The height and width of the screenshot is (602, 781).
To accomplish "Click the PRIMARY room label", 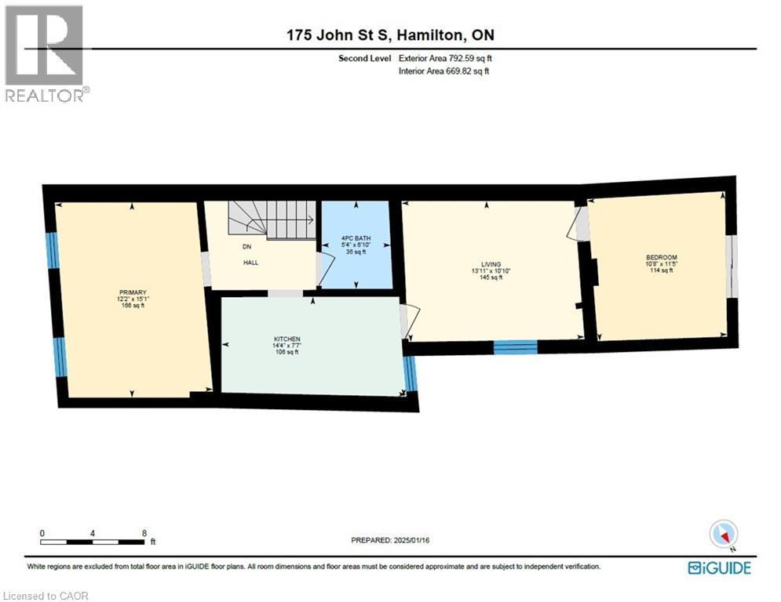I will (x=130, y=292).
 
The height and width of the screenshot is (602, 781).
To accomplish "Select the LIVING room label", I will (x=491, y=265).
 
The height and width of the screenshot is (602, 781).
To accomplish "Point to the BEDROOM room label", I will (x=661, y=257).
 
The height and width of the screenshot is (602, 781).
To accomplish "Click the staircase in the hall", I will (x=271, y=219).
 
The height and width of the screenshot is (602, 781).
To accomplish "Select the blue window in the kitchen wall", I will (x=409, y=374).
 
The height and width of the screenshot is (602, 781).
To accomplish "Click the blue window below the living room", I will (x=515, y=347).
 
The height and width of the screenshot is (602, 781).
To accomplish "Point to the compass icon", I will (x=724, y=535).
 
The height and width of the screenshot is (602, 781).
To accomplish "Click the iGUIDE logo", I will (x=718, y=568).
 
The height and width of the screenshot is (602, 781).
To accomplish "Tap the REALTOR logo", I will (x=46, y=55).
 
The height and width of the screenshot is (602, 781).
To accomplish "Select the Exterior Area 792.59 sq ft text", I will (x=445, y=58).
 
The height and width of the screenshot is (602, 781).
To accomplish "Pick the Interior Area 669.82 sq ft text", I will (x=444, y=71).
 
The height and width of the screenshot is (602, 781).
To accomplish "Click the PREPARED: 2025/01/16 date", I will (x=389, y=540).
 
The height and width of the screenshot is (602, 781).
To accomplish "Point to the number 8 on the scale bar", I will (x=144, y=532).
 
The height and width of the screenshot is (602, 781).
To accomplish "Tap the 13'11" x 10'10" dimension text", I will (x=491, y=271).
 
